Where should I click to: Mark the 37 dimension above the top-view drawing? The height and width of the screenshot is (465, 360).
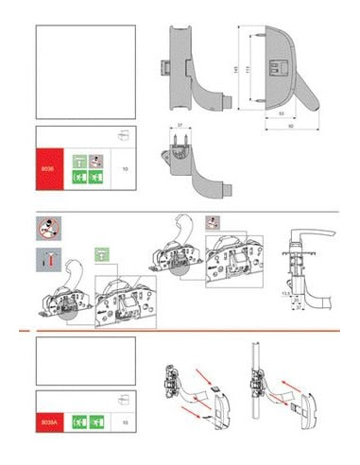tap(177, 124)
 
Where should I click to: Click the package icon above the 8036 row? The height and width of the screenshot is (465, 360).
tap(121, 135)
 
